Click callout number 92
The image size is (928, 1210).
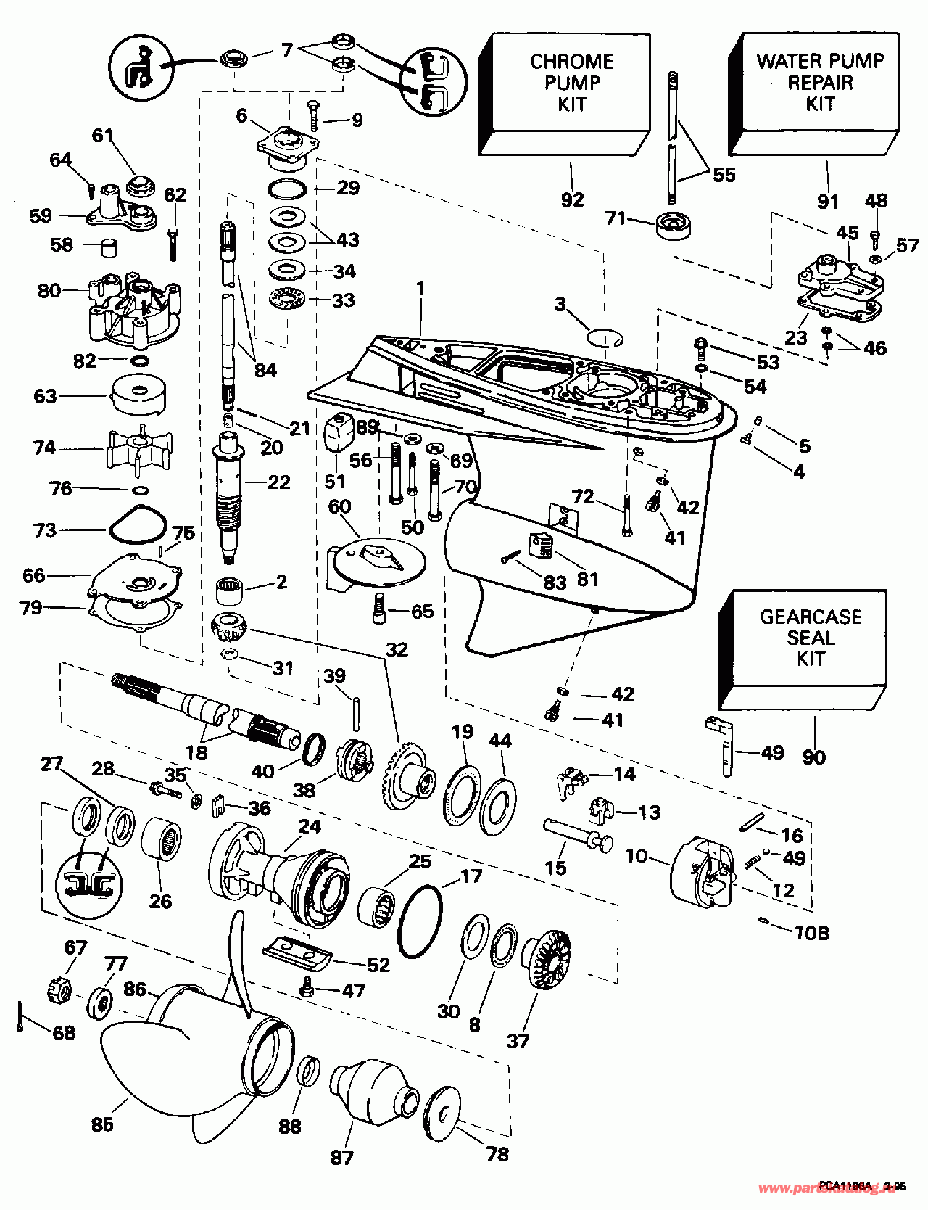pyautogui.click(x=572, y=199)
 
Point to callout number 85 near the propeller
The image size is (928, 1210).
pyautogui.click(x=102, y=1124)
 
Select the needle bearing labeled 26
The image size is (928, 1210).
pyautogui.click(x=162, y=839)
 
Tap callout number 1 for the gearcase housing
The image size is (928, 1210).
pyautogui.click(x=419, y=288)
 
